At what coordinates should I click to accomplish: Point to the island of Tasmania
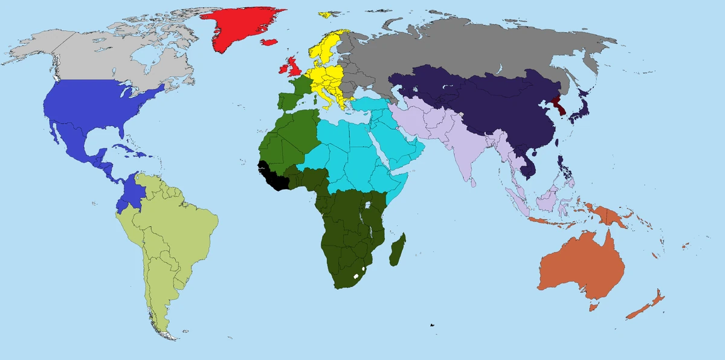(x=593, y=307)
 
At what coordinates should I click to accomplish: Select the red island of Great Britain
(x=295, y=65)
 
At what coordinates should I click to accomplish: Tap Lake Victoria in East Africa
(x=367, y=208)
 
